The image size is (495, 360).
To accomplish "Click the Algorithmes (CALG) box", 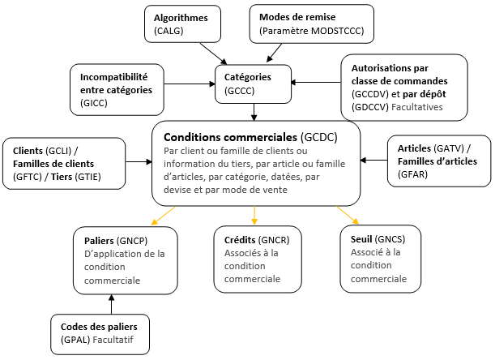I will click(x=183, y=24).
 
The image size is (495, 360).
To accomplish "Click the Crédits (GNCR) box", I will click(x=256, y=259).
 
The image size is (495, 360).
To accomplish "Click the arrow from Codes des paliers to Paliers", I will click(x=111, y=304).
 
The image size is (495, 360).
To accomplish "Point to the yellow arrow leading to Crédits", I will click(x=255, y=216).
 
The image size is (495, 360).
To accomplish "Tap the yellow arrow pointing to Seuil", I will click(x=348, y=216).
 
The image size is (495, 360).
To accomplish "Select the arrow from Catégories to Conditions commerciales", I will click(x=254, y=111).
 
